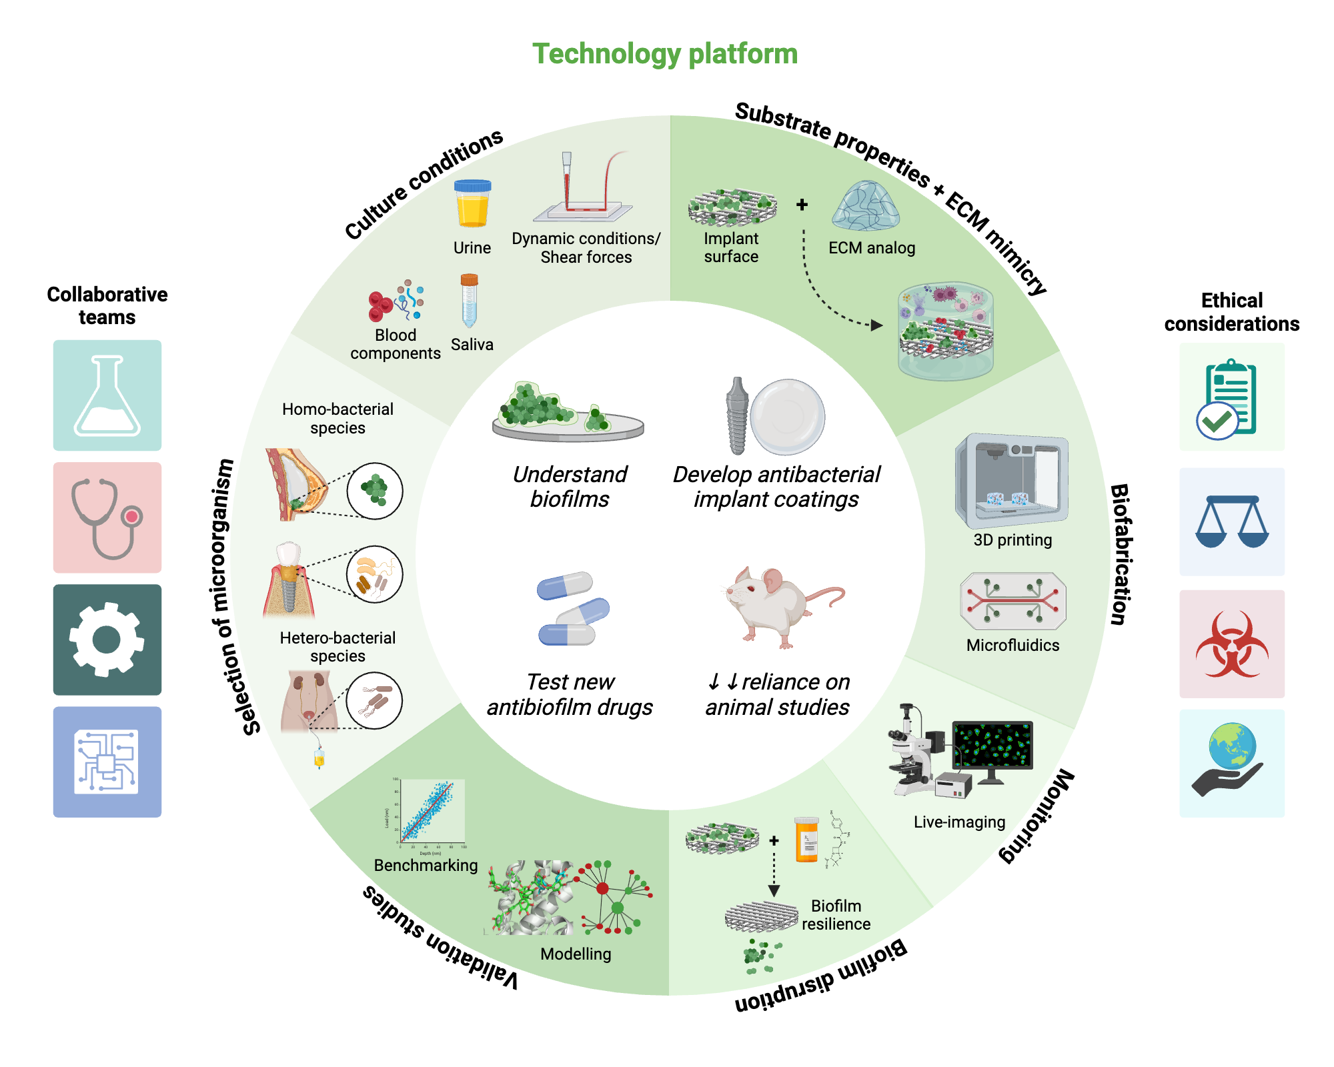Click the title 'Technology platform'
664,54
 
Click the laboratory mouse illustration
777,604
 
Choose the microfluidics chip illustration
1013,601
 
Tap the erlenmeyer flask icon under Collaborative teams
107,395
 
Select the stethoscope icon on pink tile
107,517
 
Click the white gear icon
107,640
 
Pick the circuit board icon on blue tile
107,762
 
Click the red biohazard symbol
1231,644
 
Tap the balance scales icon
1231,521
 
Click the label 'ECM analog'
871,248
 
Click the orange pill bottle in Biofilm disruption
806,840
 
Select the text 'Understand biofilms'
570,487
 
